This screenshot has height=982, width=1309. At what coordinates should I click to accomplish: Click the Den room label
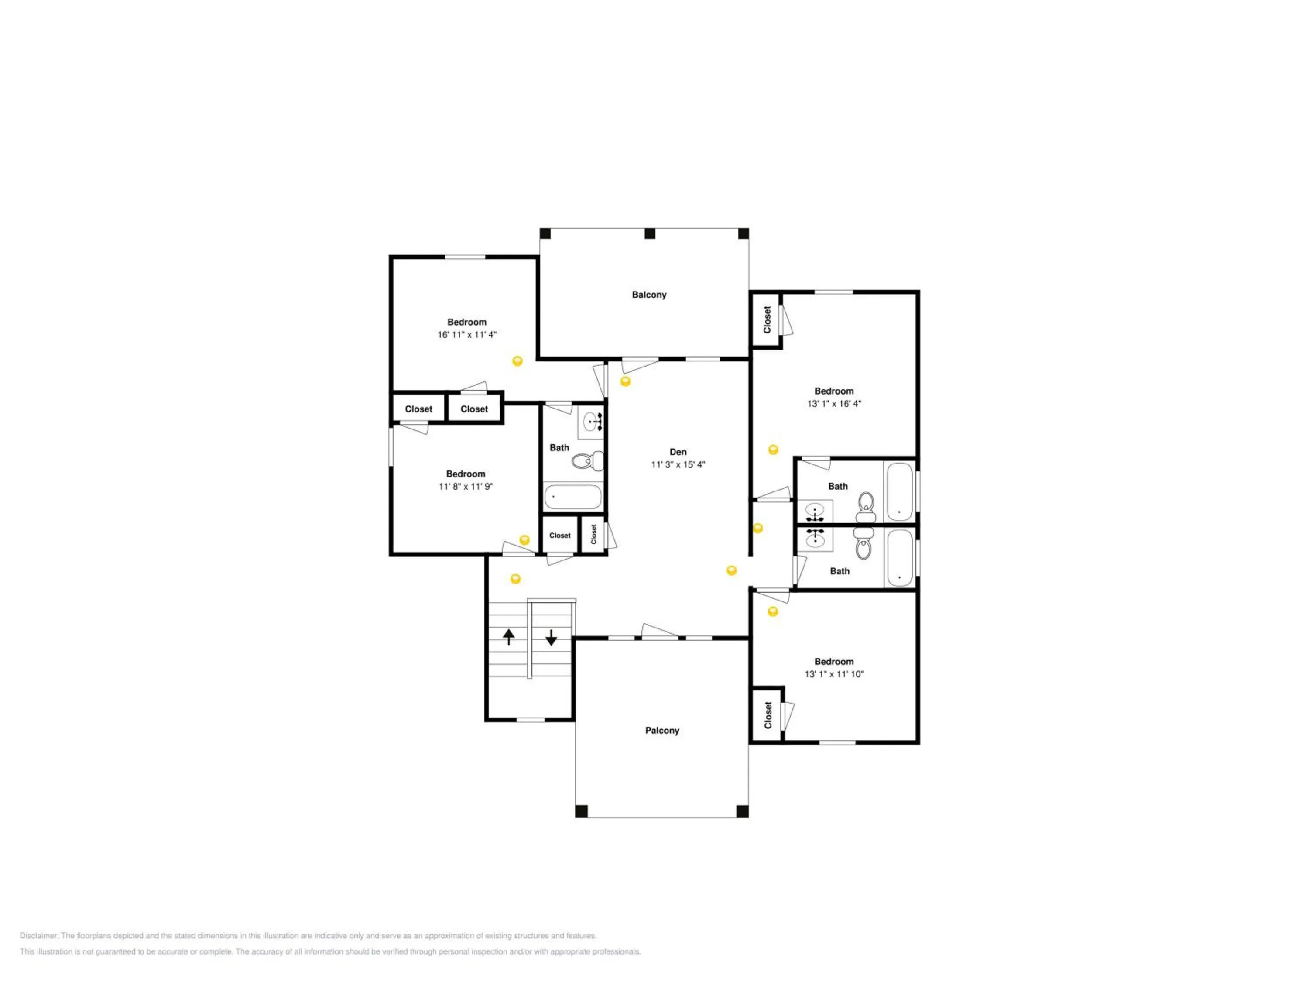point(678,452)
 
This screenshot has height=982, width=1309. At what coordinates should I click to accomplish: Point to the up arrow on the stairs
point(508,636)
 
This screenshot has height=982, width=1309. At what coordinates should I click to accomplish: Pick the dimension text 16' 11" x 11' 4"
point(467,334)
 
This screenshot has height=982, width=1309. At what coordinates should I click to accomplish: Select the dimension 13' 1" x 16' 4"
point(834,404)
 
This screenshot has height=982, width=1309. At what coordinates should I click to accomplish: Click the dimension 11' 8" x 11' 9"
point(466,487)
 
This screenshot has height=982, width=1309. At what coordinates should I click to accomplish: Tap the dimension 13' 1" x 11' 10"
point(834,674)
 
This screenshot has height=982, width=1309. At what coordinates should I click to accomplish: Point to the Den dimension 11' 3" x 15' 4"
point(678,465)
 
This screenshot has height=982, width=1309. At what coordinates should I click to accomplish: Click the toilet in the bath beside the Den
point(588,460)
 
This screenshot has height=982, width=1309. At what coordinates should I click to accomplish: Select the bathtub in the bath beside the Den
point(573,497)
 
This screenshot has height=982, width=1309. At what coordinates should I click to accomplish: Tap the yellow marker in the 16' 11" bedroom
point(517,361)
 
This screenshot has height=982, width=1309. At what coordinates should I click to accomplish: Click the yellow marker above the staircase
point(515,579)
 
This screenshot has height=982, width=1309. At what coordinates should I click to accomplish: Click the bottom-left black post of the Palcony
point(582,811)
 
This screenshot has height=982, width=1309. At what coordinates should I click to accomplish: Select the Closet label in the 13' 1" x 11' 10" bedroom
point(768,715)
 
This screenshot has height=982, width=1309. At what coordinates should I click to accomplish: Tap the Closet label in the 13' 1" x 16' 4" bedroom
point(767,319)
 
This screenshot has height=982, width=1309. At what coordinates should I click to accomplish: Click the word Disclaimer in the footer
point(39,936)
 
